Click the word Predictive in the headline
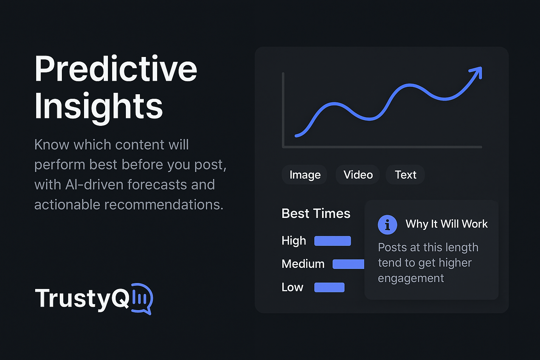point(116,69)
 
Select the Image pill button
point(305,175)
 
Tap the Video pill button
point(358,175)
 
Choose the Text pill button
point(405,175)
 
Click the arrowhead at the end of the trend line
point(476,72)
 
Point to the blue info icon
point(387,225)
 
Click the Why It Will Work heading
point(446,224)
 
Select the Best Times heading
point(316,214)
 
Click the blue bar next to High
point(333,241)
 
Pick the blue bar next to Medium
point(348,264)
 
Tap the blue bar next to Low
point(329,288)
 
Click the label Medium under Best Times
point(303,264)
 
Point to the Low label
point(292,287)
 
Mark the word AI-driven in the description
point(94,185)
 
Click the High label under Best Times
point(294,241)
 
